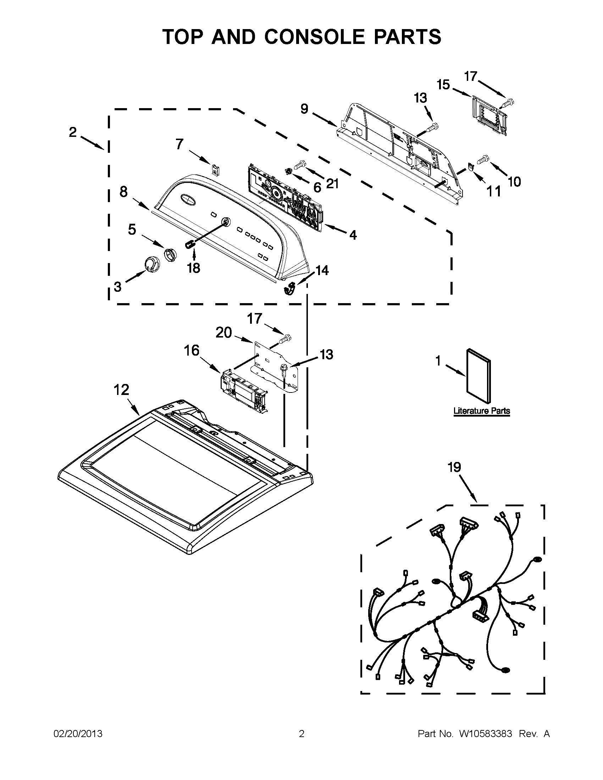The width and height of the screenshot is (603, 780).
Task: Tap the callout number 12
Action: click(x=121, y=390)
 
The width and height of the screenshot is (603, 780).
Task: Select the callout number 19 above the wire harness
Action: click(x=454, y=467)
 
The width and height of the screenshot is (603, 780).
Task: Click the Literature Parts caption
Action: click(x=482, y=411)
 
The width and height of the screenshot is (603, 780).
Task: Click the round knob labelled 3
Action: click(x=150, y=263)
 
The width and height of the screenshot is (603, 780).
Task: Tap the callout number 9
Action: click(x=304, y=108)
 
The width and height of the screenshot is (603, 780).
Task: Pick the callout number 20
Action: click(x=223, y=333)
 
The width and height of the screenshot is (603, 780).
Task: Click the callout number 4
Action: click(x=353, y=235)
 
